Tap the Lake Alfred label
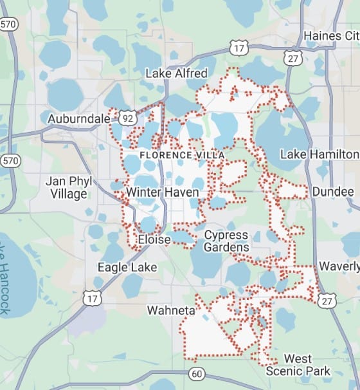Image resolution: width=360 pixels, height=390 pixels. (175, 73)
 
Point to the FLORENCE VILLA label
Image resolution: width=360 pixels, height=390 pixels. (173, 155)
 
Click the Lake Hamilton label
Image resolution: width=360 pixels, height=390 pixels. (319, 154)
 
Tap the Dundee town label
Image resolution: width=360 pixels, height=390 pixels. (332, 192)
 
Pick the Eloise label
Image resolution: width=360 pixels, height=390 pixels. (154, 240)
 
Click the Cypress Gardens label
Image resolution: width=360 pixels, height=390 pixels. (226, 241)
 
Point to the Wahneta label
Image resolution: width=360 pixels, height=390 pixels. (170, 310)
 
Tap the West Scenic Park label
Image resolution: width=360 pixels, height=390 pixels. (298, 365)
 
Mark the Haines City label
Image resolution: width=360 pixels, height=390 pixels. (331, 35)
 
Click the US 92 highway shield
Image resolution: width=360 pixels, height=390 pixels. (128, 118)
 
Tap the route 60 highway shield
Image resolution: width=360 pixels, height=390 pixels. (196, 374)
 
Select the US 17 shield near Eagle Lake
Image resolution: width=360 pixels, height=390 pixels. (91, 297)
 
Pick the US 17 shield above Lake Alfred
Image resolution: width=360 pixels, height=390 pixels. (239, 48)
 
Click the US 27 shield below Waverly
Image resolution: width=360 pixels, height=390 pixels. (327, 299)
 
